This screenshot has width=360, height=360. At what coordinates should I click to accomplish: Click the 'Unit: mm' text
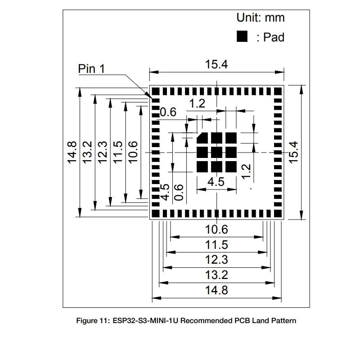(x=261, y=18)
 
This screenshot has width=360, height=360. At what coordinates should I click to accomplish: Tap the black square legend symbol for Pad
(x=242, y=36)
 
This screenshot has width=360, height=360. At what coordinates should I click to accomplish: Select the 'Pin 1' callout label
(x=91, y=69)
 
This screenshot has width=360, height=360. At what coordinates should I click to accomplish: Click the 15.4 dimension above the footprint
(x=216, y=64)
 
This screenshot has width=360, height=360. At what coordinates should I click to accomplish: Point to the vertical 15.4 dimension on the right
(x=293, y=153)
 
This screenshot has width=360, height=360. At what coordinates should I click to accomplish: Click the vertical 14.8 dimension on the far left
(x=72, y=153)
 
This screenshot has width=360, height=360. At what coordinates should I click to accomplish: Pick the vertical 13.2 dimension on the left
(x=87, y=153)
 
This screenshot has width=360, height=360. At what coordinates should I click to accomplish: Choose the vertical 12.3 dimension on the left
(x=103, y=153)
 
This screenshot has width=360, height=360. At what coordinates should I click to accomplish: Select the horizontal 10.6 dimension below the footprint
(x=216, y=229)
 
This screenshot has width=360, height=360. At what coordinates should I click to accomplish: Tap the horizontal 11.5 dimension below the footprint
(x=216, y=245)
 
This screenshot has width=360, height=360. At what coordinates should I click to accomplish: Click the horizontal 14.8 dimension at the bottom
(x=216, y=290)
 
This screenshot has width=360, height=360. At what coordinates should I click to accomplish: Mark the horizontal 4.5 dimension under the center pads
(x=216, y=182)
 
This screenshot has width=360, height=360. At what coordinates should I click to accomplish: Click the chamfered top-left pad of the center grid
(x=202, y=138)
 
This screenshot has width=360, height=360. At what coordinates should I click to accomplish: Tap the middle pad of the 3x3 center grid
(x=216, y=153)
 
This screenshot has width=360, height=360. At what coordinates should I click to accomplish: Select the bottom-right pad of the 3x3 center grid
(x=231, y=166)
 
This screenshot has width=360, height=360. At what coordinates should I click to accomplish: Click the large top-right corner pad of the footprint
(x=278, y=91)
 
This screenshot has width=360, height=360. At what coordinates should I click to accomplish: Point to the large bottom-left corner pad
(x=156, y=213)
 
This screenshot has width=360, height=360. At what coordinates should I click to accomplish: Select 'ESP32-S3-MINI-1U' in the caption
(x=145, y=320)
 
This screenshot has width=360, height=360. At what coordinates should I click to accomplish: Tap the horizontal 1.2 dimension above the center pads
(x=197, y=103)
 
